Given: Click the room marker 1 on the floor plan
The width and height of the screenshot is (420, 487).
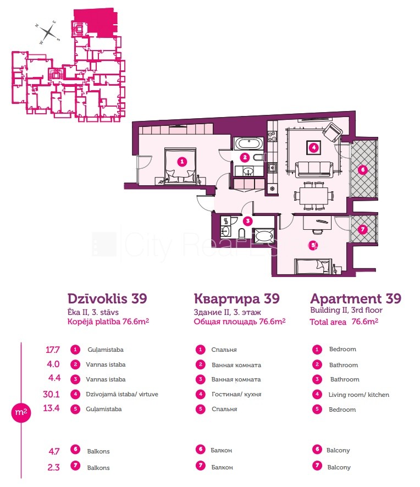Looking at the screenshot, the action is tap(182, 162).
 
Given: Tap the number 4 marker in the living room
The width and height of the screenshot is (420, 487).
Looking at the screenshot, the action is tap(314, 147).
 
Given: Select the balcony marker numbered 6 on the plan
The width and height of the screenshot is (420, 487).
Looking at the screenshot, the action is tap(362, 170).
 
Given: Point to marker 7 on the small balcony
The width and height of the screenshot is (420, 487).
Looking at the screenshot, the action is tap(362, 230).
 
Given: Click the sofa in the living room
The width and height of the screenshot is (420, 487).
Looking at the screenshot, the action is tap(313, 169).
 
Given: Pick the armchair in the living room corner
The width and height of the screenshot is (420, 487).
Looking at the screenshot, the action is tap(333, 132).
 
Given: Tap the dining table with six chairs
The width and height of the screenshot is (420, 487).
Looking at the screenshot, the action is tap(313, 196).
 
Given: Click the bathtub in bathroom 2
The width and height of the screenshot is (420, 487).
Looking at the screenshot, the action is tap(249, 144).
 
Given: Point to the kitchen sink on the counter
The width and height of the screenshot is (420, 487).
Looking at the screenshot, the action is tap(273, 168).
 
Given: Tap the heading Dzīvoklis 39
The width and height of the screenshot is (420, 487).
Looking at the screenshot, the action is tap(107, 298).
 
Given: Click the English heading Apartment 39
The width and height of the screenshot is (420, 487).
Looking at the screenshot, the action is tap(356, 298).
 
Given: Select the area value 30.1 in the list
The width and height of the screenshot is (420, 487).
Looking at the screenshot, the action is tap(51, 394).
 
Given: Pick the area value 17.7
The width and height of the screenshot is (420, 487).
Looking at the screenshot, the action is tap(53, 350).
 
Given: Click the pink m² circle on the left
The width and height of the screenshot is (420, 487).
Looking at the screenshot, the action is tap(21, 412).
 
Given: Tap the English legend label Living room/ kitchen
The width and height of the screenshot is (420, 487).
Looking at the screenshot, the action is tap(359, 395).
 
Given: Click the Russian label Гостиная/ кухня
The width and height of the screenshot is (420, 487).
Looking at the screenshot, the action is tap(236, 394).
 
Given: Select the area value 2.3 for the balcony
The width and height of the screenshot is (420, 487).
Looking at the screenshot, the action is tap(53, 467).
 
